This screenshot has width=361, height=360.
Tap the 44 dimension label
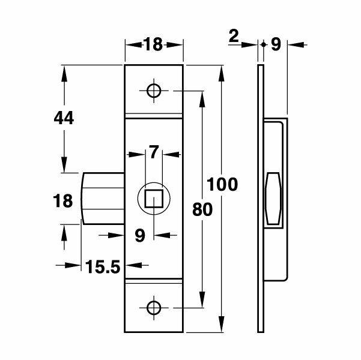pos(63,118)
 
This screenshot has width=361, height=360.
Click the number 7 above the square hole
pos(154,152)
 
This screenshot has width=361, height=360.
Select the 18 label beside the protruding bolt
pos(63,200)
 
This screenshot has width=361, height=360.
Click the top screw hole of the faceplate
pos(154,91)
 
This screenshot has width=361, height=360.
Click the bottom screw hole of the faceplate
pos(154,307)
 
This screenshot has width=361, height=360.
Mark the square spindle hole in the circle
pos(154,197)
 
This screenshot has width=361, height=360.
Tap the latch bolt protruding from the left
pos(102,198)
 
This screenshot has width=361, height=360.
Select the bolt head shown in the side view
pos(273,199)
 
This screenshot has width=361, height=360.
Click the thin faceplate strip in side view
pos(261,198)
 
